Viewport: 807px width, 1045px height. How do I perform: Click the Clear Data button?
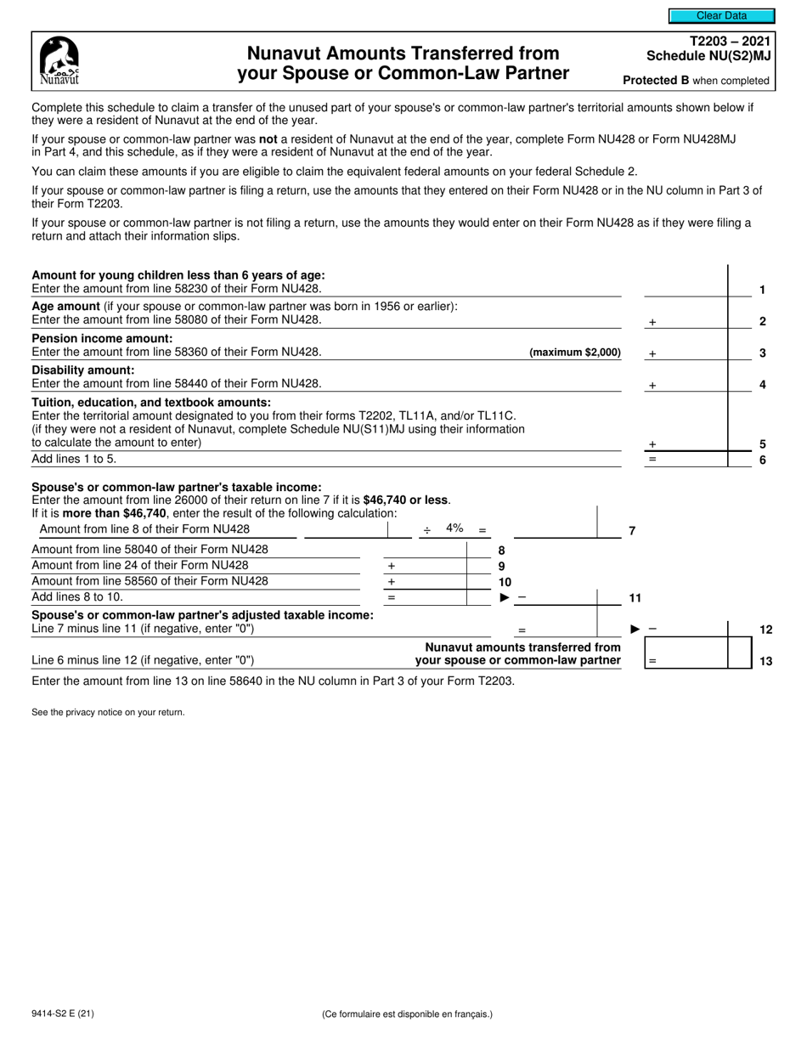(x=721, y=15)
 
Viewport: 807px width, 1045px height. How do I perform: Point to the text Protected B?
(x=657, y=81)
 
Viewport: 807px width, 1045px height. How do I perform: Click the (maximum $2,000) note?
(x=575, y=353)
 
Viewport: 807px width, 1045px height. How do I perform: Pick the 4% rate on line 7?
(x=454, y=528)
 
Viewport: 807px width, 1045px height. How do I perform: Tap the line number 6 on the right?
(x=762, y=460)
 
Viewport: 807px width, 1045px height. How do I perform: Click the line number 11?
(x=635, y=598)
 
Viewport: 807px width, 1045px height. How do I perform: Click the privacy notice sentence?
(x=108, y=712)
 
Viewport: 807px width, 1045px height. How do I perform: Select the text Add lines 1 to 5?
(x=74, y=459)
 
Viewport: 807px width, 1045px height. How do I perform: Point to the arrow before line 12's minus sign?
(x=634, y=629)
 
